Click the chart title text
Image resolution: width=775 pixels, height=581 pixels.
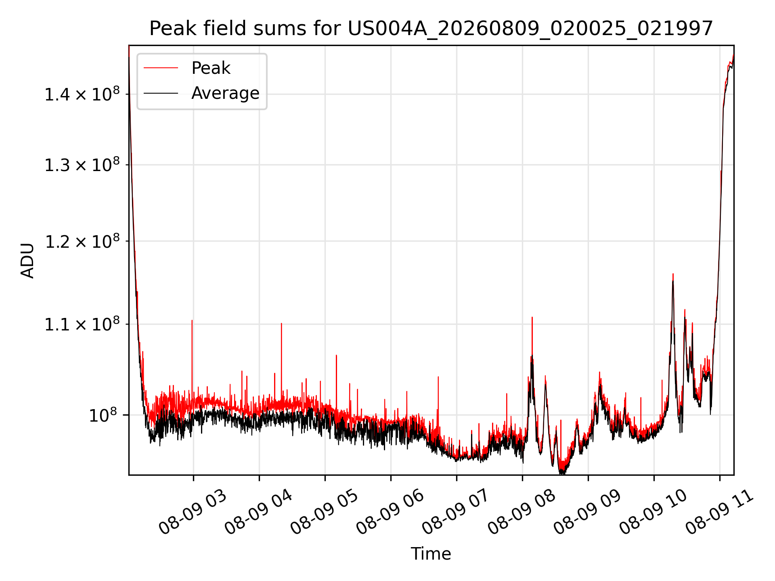[431, 29]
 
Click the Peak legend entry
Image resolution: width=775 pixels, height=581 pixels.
[211, 68]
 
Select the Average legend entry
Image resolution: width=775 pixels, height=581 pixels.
[225, 93]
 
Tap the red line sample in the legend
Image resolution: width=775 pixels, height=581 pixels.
[161, 68]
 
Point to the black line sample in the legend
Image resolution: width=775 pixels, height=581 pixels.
[161, 93]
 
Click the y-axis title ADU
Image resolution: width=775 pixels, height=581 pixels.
[27, 260]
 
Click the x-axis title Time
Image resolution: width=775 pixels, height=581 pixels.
[431, 554]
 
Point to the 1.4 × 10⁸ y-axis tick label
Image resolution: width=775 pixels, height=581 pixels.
[82, 94]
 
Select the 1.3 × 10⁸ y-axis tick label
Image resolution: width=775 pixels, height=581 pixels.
[82, 165]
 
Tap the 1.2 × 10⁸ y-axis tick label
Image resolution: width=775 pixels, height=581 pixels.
[82, 241]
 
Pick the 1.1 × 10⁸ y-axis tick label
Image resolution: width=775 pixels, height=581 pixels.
[82, 324]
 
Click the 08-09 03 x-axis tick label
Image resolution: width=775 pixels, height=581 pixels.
[193, 512]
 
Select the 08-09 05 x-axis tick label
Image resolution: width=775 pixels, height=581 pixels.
[325, 512]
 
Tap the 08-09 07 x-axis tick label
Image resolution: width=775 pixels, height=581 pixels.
[456, 512]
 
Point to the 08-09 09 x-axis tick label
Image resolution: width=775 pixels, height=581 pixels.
[588, 512]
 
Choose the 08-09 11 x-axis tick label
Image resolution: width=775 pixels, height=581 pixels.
[719, 512]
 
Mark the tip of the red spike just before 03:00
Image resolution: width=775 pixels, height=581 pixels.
[192, 320]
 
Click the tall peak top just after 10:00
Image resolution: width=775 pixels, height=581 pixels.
[673, 274]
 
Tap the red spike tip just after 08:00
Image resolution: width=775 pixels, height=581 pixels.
[532, 317]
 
